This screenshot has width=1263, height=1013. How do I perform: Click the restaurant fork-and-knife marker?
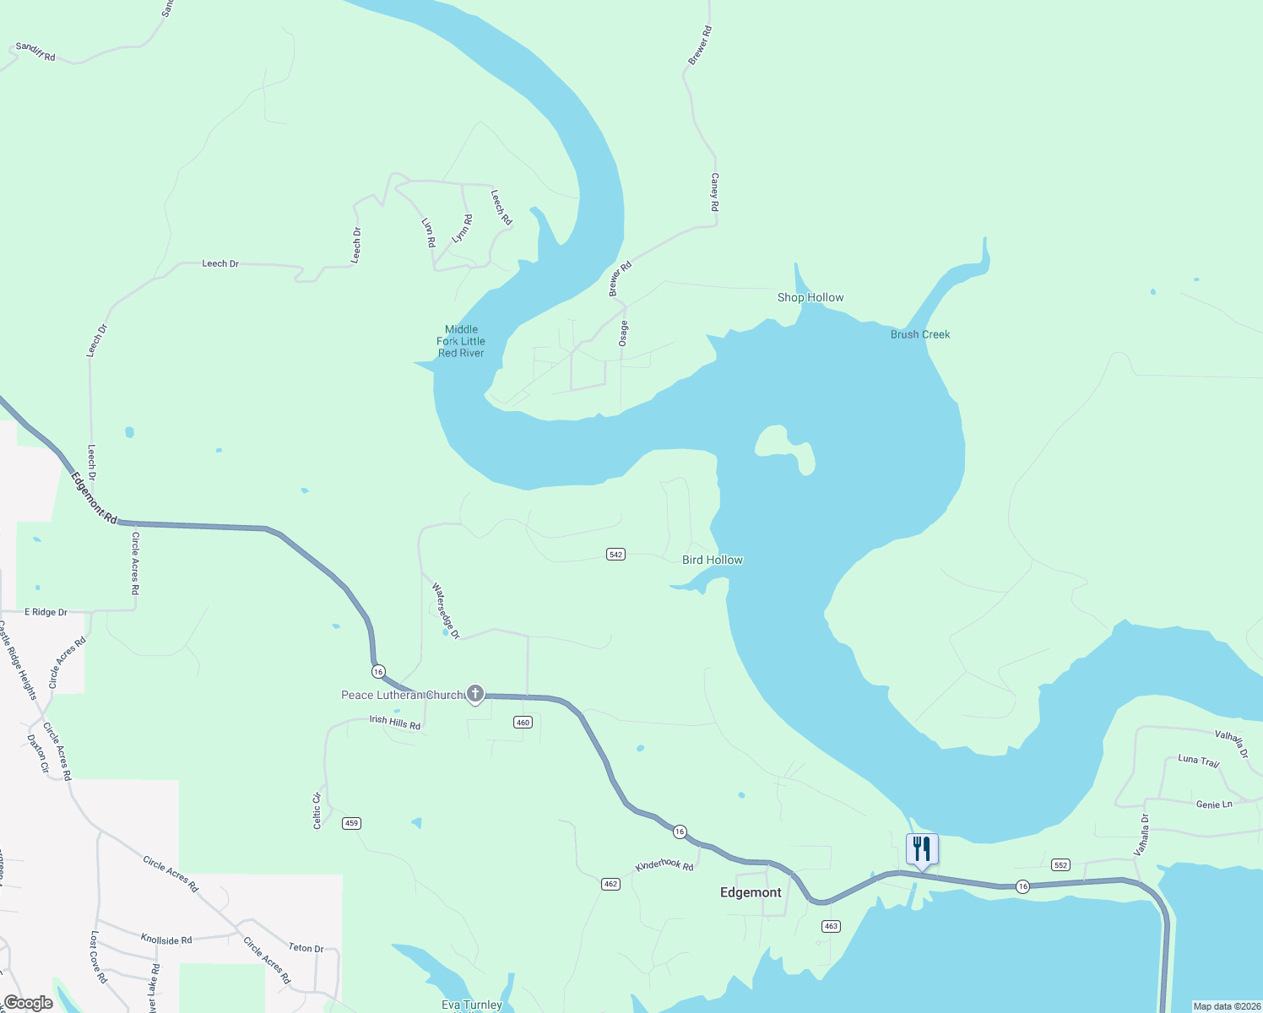pyautogui.click(x=922, y=849)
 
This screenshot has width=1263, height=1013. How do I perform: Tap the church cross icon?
pyautogui.click(x=475, y=695)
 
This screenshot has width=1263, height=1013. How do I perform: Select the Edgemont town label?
pyautogui.click(x=751, y=892)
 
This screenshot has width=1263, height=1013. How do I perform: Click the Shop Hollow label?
pyautogui.click(x=810, y=297)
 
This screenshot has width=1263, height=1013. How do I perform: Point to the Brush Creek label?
pyautogui.click(x=920, y=334)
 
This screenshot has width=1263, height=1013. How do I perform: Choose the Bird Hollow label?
pyautogui.click(x=713, y=560)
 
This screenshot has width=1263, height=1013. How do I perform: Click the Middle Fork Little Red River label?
pyautogui.click(x=461, y=341)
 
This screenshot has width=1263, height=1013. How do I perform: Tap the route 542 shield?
pyautogui.click(x=615, y=554)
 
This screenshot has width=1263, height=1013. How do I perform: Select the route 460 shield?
pyautogui.click(x=523, y=722)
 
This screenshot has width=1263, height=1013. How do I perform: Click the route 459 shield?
pyautogui.click(x=351, y=823)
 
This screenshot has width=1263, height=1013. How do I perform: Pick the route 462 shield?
pyautogui.click(x=610, y=884)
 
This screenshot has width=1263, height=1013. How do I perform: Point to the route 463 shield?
pyautogui.click(x=831, y=926)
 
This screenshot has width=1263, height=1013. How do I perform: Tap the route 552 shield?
pyautogui.click(x=1061, y=864)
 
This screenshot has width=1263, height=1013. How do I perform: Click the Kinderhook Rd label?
pyautogui.click(x=664, y=865)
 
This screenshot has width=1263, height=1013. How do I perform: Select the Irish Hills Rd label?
pyautogui.click(x=395, y=722)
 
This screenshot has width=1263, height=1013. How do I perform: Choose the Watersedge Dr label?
pyautogui.click(x=446, y=610)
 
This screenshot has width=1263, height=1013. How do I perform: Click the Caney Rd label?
pyautogui.click(x=715, y=192)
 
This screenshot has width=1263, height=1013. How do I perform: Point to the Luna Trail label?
pyautogui.click(x=1199, y=761)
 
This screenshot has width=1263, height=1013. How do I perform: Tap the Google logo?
pyautogui.click(x=29, y=1003)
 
